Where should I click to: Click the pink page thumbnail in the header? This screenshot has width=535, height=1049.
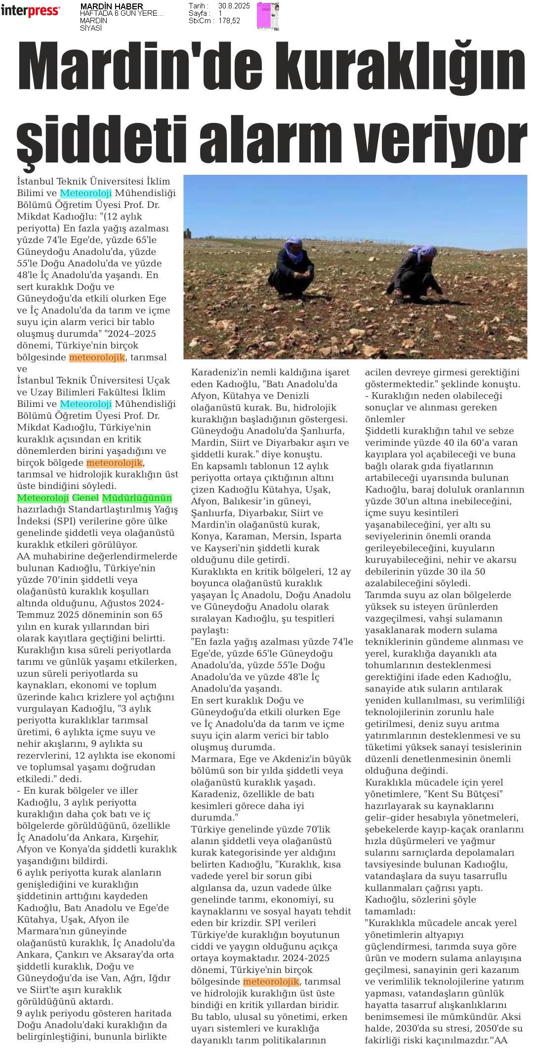tap(267, 16)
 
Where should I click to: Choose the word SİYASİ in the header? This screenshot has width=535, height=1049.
tap(91, 28)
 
